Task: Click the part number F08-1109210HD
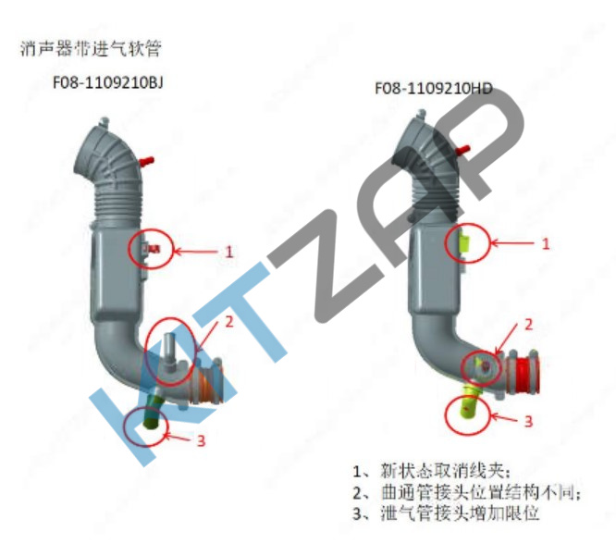433,89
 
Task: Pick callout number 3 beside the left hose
201,439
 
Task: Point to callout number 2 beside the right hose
529,325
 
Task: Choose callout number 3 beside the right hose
529,421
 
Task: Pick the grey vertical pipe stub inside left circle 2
172,344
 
